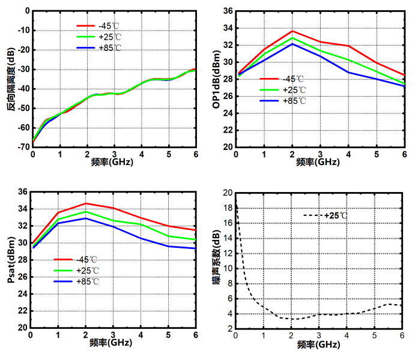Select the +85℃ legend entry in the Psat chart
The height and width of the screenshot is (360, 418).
88,281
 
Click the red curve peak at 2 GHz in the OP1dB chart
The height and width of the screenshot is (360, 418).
292,31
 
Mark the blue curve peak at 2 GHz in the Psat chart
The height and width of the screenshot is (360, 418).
86,218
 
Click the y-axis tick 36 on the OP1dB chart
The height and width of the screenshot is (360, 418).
228,11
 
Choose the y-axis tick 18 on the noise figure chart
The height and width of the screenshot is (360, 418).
228,208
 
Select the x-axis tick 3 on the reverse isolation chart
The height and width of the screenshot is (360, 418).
115,154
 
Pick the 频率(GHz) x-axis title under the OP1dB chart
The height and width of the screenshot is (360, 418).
320,161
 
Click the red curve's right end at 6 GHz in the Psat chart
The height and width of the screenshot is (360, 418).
196,230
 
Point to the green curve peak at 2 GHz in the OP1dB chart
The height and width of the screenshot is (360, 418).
292,38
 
